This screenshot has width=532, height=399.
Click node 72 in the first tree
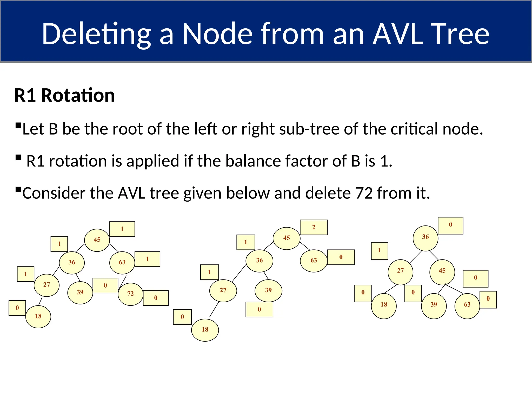tap(130, 294)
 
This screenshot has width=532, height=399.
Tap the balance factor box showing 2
tap(314, 227)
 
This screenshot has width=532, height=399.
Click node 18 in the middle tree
tap(205, 330)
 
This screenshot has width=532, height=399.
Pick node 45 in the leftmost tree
tap(97, 240)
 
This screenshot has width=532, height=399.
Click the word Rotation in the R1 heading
tap(78, 95)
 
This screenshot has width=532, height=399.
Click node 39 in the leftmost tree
tap(80, 293)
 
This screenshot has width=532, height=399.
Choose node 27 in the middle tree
tap(223, 291)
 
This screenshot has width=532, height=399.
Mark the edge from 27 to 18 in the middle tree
tap(214, 309)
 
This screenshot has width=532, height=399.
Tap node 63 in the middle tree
tap(314, 261)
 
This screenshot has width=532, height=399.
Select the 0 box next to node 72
tap(156, 298)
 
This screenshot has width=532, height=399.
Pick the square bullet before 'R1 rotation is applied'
tap(18, 157)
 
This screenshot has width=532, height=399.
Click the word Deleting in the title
tap(96, 34)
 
